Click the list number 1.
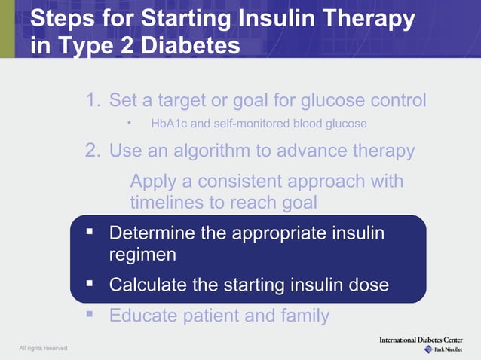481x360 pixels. click(92, 100)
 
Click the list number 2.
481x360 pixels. click(92, 151)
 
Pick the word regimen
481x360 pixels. click(142, 255)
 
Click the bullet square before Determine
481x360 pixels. click(89, 232)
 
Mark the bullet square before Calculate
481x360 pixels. click(89, 285)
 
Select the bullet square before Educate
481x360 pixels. click(89, 314)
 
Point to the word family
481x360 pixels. click(303, 315)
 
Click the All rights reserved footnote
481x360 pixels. click(43, 348)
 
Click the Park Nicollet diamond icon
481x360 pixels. click(428, 349)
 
